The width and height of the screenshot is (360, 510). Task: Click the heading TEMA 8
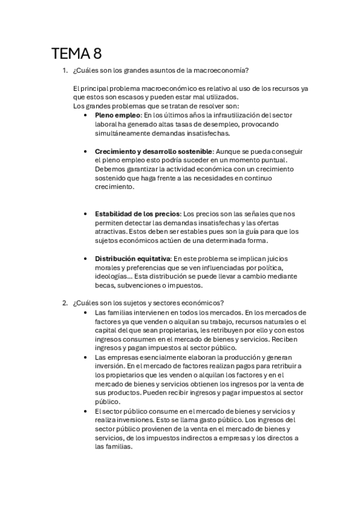pyautogui.click(x=76, y=55)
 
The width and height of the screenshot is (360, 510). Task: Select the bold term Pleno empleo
pyautogui.click(x=117, y=115)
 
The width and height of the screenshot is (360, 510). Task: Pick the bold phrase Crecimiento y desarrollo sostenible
pyautogui.click(x=153, y=151)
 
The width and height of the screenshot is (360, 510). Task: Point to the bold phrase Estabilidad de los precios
pyautogui.click(x=138, y=214)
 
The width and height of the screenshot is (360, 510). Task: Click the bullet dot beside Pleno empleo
pyautogui.click(x=88, y=115)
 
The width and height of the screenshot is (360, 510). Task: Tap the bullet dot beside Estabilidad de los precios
pyautogui.click(x=88, y=214)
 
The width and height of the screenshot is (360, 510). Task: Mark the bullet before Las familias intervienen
pyautogui.click(x=88, y=313)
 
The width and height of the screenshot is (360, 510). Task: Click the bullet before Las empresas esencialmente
pyautogui.click(x=88, y=357)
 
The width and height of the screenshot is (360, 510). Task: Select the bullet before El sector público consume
pyautogui.click(x=88, y=411)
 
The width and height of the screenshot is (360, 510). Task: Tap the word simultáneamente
pyautogui.click(x=126, y=133)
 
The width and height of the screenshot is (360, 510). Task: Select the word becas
pyautogui.click(x=105, y=285)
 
